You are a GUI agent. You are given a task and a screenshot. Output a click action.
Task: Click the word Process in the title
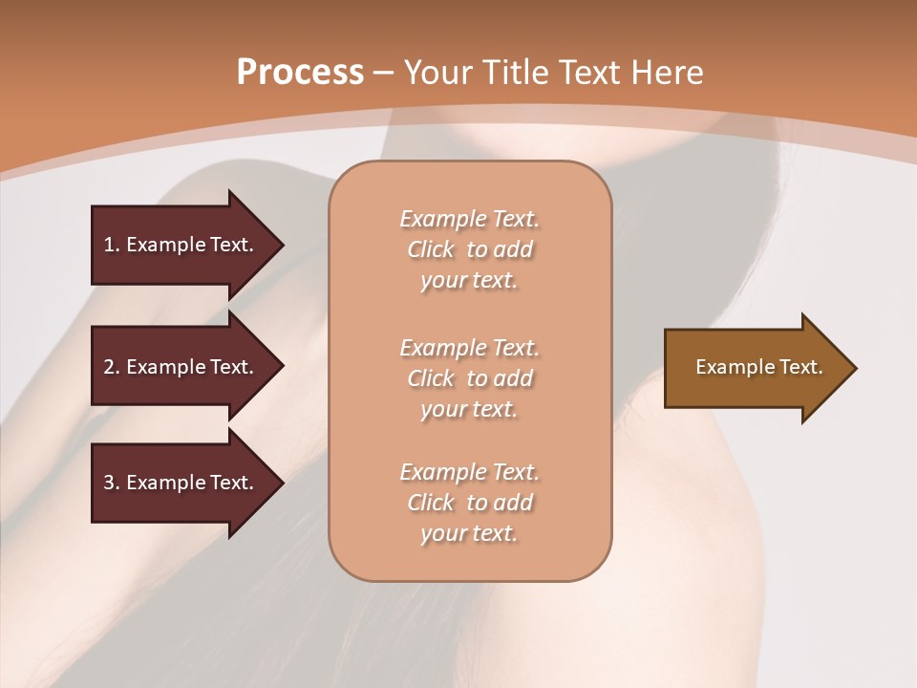300,73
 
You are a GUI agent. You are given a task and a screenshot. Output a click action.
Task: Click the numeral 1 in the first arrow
109,245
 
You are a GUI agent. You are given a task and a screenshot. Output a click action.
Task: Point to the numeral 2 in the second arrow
109,367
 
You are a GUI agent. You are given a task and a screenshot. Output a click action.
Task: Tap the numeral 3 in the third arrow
109,483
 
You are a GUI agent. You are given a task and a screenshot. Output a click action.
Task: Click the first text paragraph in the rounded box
469,249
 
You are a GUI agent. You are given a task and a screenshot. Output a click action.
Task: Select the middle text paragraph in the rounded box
469,378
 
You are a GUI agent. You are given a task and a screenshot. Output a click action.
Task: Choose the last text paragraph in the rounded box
469,503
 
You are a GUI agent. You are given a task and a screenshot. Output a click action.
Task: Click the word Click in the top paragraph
431,249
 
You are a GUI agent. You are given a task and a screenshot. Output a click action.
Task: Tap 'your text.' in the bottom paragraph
469,533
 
